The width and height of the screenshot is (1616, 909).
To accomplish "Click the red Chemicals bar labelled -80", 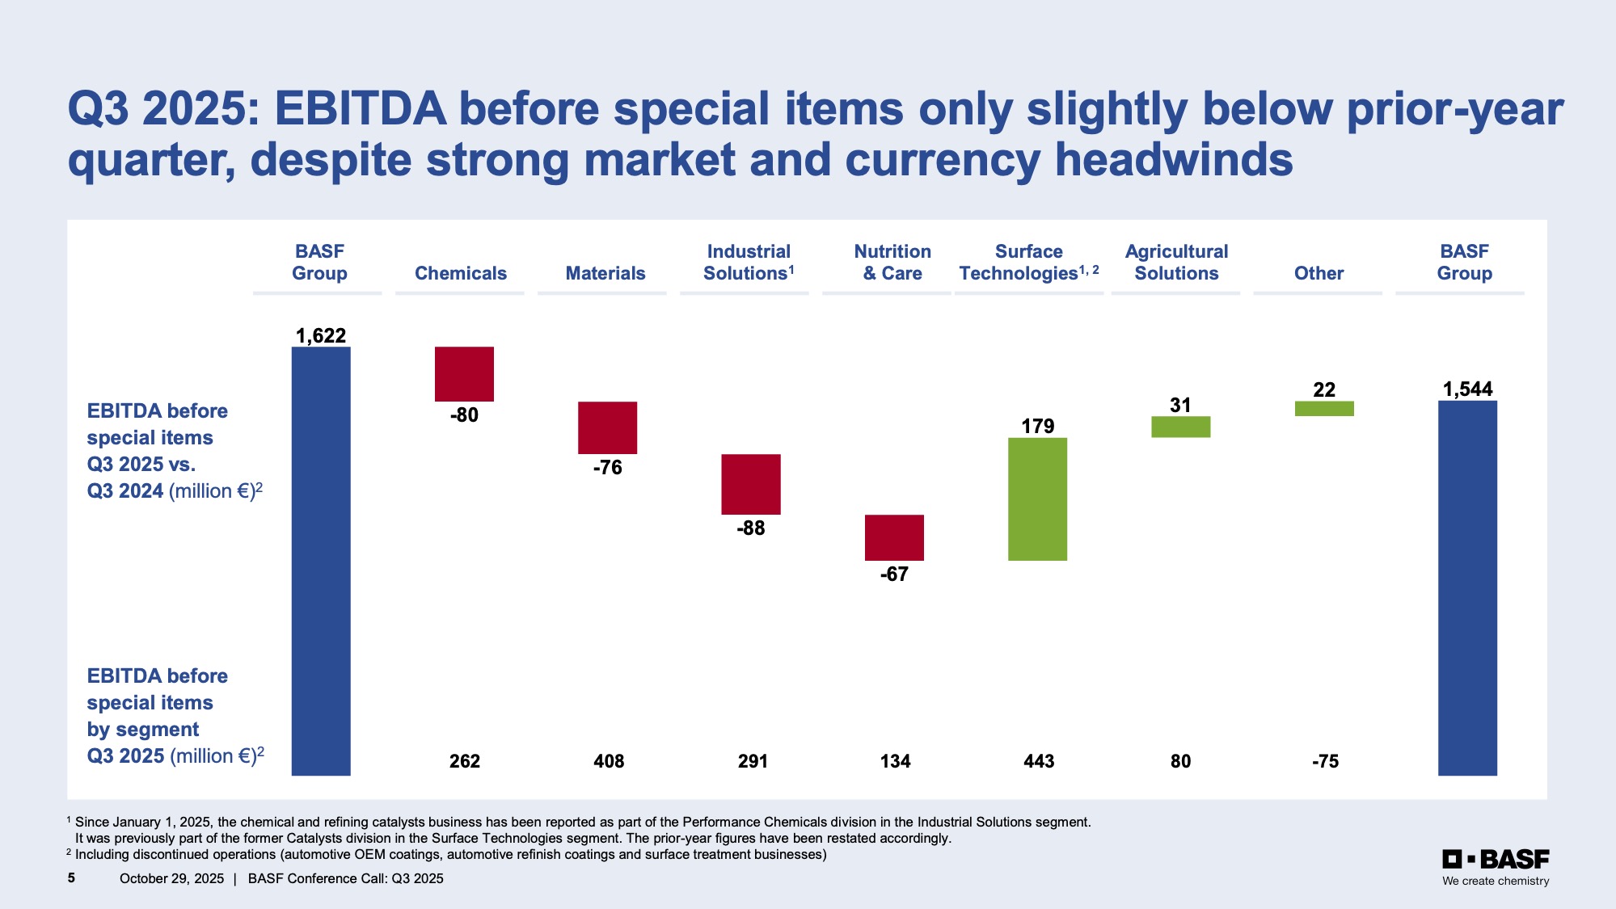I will click(x=464, y=373).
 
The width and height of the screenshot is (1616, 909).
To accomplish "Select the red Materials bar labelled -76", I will click(x=607, y=427).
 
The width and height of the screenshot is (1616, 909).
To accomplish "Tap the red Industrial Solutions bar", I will click(x=751, y=484).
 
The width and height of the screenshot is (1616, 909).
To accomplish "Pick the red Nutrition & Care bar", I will click(x=894, y=537).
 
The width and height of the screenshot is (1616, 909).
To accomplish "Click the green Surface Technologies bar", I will click(x=1037, y=499).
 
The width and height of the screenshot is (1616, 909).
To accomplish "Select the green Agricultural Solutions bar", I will click(x=1180, y=427).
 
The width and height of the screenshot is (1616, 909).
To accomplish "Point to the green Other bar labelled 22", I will click(x=1324, y=409).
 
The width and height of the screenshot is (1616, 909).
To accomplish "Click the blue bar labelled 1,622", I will click(x=321, y=561).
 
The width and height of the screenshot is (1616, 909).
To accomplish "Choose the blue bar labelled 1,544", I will click(x=1467, y=587).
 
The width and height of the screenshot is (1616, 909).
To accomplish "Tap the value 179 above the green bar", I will click(x=1038, y=426).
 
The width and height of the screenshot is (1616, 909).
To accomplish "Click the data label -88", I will click(x=751, y=528).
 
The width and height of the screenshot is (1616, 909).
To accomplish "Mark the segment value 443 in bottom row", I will click(x=1039, y=761).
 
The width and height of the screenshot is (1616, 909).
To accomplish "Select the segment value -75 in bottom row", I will click(x=1325, y=761).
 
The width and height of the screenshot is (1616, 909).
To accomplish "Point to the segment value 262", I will click(x=465, y=761).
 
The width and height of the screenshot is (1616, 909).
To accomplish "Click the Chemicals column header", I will click(x=461, y=273).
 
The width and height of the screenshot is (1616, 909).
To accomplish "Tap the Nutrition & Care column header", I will click(x=892, y=263).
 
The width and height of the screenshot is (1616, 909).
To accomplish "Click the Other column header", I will click(x=1319, y=273).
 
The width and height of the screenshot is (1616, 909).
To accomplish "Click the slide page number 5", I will click(x=71, y=877).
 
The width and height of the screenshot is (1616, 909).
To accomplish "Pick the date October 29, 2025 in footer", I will click(x=171, y=878).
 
